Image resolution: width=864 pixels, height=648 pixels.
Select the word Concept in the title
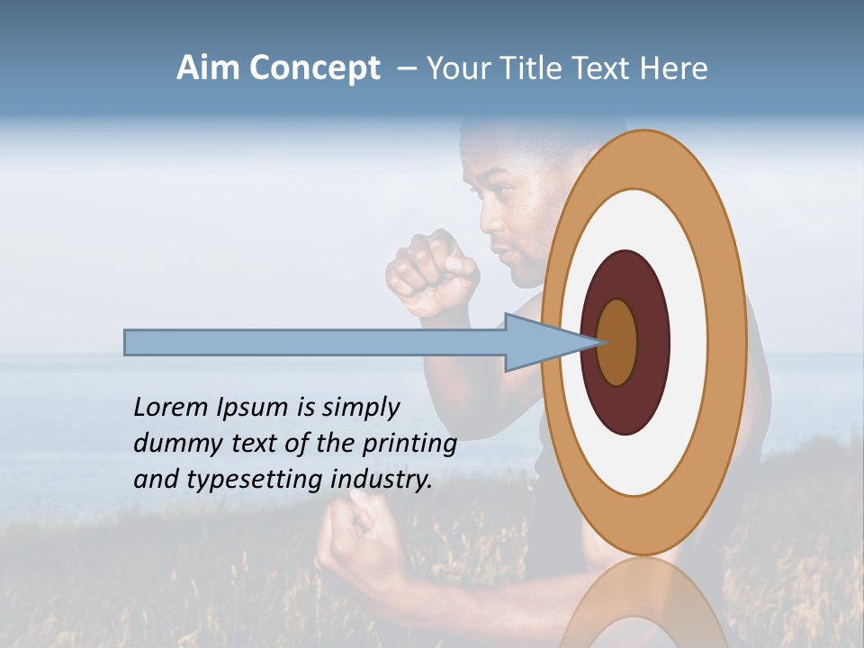click(315, 68)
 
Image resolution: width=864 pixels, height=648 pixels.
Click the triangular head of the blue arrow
click(540, 342)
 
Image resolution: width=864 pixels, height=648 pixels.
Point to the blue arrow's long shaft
click(315, 342)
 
